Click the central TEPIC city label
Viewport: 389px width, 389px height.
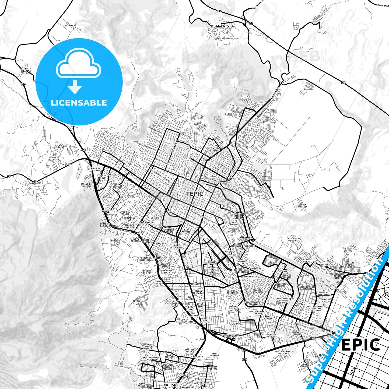click(x=194, y=194)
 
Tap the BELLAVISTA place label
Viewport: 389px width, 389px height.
click(x=222, y=26)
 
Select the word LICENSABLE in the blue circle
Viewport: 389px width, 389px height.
click(x=79, y=103)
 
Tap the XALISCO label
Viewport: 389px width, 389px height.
click(x=171, y=385)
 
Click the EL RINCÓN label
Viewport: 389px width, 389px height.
click(x=71, y=26)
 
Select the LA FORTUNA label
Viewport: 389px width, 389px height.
click(x=26, y=69)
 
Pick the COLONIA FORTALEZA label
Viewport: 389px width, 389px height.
click(x=302, y=206)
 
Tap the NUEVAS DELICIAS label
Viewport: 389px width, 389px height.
click(x=54, y=158)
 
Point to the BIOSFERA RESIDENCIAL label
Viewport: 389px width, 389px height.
click(x=147, y=259)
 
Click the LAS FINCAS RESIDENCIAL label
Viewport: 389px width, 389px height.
click(x=294, y=239)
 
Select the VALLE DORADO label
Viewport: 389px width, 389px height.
click(x=159, y=282)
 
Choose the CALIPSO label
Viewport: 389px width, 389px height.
click(x=200, y=339)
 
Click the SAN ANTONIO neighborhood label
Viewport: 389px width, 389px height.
click(x=186, y=231)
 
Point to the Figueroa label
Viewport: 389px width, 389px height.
click(x=172, y=335)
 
